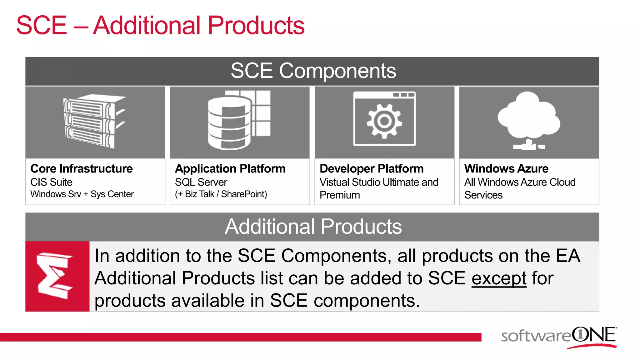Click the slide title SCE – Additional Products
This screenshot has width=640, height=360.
(x=160, y=26)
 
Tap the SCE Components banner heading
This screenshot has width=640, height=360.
(x=313, y=71)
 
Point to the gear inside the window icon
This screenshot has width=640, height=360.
(x=384, y=121)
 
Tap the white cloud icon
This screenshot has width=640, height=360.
(x=529, y=116)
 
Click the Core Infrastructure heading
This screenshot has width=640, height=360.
(x=82, y=169)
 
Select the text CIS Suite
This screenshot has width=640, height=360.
(x=51, y=182)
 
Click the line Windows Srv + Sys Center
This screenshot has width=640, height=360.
(x=82, y=194)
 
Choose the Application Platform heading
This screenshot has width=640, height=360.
(x=230, y=169)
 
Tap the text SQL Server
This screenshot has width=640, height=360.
(x=201, y=182)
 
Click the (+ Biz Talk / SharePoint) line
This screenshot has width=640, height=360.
(x=221, y=194)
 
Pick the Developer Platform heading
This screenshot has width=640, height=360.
(x=372, y=169)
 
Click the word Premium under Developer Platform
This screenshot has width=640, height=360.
(x=340, y=195)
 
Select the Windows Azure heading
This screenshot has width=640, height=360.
(x=506, y=169)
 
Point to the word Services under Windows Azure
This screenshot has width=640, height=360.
(x=483, y=195)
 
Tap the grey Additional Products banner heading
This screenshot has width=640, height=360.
(x=313, y=227)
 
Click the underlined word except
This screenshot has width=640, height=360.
(x=499, y=278)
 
